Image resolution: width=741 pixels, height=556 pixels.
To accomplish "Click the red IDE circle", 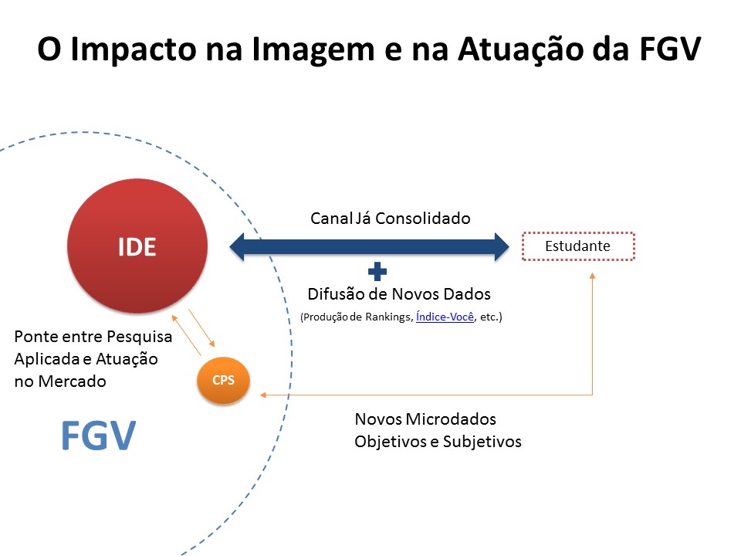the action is click(137, 246).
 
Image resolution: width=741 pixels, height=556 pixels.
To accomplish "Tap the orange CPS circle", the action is click(223, 380).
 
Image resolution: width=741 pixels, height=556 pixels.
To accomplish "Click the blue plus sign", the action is click(377, 271).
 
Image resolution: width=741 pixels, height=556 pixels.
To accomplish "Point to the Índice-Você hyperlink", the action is click(445, 317).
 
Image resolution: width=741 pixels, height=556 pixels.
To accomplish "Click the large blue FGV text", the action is click(99, 436).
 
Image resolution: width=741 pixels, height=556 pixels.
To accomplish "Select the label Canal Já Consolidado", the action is click(391, 219).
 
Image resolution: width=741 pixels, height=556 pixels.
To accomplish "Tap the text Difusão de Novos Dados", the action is click(399, 294).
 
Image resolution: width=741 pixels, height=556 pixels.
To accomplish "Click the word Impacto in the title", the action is click(134, 49).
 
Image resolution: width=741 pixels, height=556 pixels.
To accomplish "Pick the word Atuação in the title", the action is click(520, 49).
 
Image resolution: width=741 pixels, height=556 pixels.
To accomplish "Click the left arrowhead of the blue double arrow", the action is click(237, 246).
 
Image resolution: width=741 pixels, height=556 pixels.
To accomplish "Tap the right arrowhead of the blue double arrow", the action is click(502, 246).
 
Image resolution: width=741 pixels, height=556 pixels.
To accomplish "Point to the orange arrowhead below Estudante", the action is click(592, 275).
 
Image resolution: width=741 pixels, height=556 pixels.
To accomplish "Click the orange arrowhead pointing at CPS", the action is click(263, 395).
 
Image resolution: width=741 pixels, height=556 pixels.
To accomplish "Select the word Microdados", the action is click(451, 419).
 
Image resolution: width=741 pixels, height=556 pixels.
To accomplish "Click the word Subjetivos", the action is click(482, 442).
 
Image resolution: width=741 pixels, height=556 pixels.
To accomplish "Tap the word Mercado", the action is click(73, 381).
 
